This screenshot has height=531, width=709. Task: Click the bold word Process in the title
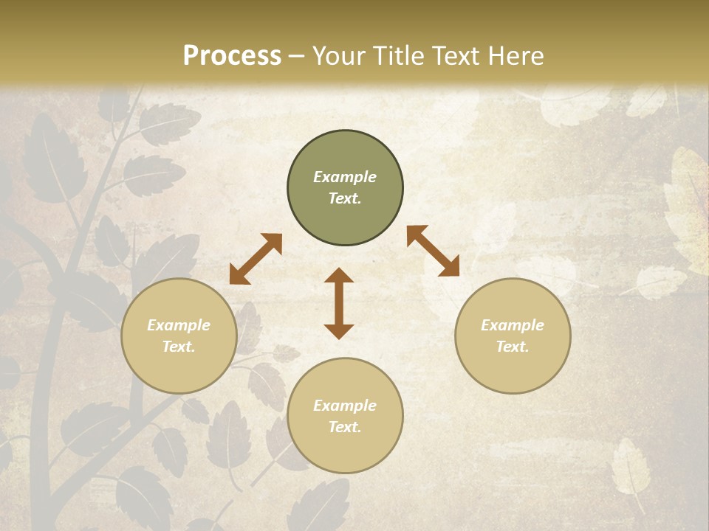pos(232,56)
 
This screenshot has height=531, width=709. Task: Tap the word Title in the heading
pos(400,56)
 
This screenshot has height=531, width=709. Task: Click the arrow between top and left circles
pos(256,259)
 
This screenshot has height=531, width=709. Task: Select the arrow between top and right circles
pos(433,251)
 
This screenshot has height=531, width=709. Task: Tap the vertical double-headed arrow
pos(339,303)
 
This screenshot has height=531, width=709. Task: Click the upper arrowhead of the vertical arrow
pos(339,275)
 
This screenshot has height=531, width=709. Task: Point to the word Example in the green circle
pos(345,177)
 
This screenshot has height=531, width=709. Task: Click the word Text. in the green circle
pos(345,198)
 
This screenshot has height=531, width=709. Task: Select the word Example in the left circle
pos(179,325)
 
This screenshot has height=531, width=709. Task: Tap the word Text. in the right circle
pos(513,347)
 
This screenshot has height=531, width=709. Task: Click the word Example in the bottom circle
pos(345,406)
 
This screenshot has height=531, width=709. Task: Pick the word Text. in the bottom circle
pos(345,427)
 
